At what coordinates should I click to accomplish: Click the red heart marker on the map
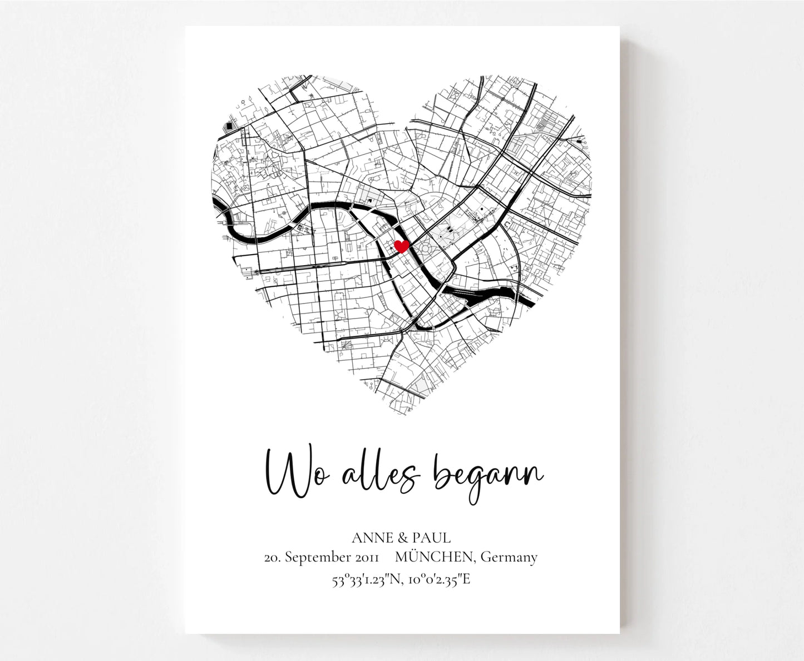tap(401, 246)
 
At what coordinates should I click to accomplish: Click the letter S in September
tap(289, 558)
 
